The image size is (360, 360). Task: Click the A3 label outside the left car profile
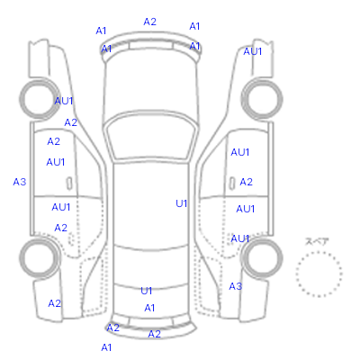point(20,182)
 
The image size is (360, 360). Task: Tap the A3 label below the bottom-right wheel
point(235,286)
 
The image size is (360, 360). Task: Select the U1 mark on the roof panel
point(182,203)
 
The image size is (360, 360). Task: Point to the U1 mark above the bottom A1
point(147,291)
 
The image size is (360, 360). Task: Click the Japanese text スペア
point(317,241)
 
